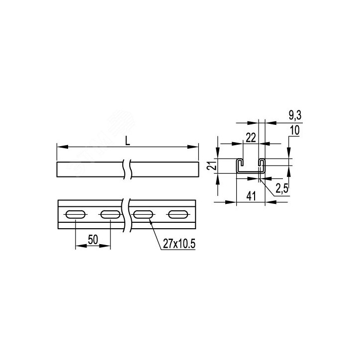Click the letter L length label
pyautogui.click(x=128, y=140)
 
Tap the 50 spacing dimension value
pyautogui.click(x=93, y=240)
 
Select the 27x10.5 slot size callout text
pyautogui.click(x=179, y=244)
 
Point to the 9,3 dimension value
pyautogui.click(x=295, y=115)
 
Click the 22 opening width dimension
pyautogui.click(x=251, y=138)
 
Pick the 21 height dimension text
pyautogui.click(x=212, y=165)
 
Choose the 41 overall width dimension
pyautogui.click(x=251, y=196)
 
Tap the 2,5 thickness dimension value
pyautogui.click(x=282, y=189)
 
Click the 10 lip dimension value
pyautogui.click(x=295, y=130)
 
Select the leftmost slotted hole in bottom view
pyautogui.click(x=76, y=215)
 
